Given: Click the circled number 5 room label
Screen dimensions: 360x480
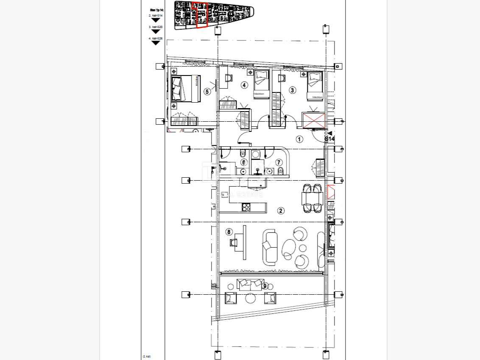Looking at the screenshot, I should (207, 91).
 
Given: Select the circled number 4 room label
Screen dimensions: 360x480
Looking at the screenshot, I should (244, 85).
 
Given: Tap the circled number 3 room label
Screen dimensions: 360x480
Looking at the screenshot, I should (292, 90).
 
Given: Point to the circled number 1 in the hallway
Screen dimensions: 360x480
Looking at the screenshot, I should (299, 139).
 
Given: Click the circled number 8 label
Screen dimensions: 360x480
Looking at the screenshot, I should (229, 232).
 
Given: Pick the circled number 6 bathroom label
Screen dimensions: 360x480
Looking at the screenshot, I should (243, 162).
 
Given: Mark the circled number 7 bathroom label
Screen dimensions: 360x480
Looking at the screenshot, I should (279, 162).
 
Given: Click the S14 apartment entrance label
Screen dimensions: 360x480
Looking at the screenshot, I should (329, 139).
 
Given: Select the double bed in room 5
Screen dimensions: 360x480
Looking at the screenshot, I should (185, 89).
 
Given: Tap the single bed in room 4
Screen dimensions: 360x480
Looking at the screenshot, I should (261, 84).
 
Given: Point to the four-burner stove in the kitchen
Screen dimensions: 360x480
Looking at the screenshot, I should (246, 207).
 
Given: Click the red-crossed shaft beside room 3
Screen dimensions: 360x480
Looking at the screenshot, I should (313, 120).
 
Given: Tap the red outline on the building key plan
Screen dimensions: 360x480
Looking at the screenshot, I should (199, 15).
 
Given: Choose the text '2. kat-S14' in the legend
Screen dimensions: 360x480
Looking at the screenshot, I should (156, 15).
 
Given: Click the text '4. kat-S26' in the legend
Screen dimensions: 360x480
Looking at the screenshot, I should (156, 38).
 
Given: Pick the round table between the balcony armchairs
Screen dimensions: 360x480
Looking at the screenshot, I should (251, 298).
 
